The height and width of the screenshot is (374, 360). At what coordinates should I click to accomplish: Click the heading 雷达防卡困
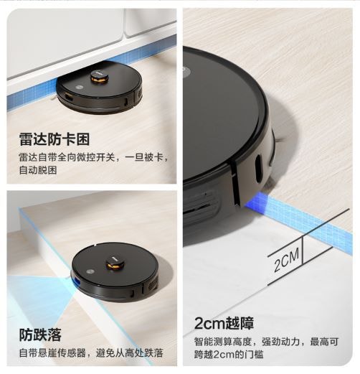coord(55,139)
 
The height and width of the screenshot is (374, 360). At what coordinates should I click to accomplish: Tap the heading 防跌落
coord(40,335)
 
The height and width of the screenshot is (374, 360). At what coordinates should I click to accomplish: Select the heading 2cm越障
coord(224,323)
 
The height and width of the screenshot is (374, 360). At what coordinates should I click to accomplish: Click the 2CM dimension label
coord(286,260)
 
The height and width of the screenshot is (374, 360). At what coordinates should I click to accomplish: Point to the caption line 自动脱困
coord(38,170)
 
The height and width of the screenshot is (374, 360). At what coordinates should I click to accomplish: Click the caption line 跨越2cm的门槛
coord(229,355)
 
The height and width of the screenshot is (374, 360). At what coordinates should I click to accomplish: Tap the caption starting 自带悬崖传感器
coord(91,353)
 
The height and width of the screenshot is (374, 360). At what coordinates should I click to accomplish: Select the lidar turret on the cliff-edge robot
coord(115,263)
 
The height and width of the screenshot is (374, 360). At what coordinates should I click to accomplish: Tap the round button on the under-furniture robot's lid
coord(79,88)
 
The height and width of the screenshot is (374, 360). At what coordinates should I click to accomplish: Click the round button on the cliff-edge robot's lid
coord(91,272)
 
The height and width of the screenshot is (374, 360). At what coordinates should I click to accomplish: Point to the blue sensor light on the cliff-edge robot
coord(76,281)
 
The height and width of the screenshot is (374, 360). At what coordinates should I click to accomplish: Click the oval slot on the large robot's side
coord(258,169)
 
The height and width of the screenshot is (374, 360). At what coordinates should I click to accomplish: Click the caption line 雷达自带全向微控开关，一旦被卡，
coord(93,157)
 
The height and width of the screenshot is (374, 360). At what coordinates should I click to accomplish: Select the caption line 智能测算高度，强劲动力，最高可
coord(266,342)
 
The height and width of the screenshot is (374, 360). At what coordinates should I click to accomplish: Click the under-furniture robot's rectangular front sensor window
coord(69,97)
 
